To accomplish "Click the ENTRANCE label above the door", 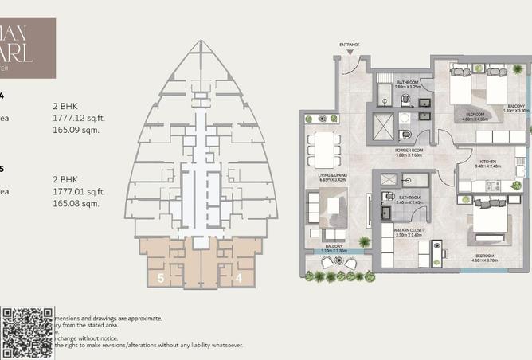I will tap(350, 45).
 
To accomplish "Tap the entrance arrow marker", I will tap(350, 52).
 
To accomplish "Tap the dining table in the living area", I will tap(325, 148).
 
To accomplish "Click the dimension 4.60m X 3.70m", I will tap(484, 260).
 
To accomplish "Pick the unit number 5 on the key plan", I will tap(161, 278).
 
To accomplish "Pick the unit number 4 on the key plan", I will tap(238, 278).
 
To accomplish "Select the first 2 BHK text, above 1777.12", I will tap(64, 105).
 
